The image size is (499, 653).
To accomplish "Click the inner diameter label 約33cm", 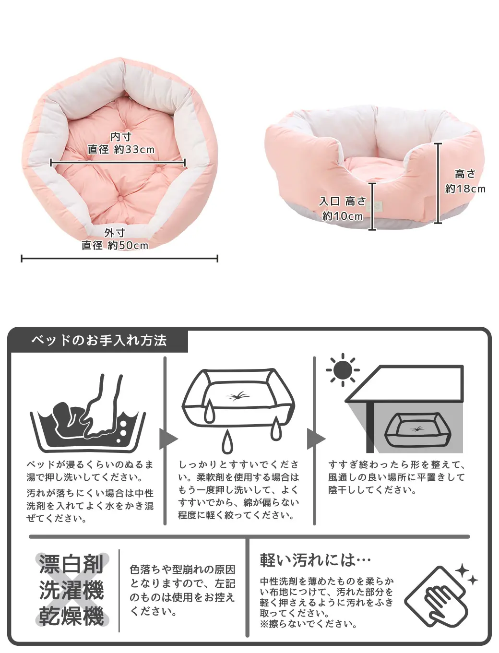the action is tap(134, 149).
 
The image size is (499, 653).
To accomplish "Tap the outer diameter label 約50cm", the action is tap(128, 246).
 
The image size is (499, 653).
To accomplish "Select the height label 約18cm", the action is tap(465, 189).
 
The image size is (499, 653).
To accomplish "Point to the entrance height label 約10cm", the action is tap(343, 216).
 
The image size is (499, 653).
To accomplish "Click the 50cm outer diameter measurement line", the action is tap(119, 258).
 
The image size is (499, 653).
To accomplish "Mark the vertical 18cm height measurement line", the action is tap(438, 183).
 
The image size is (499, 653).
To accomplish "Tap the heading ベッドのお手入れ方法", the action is tap(99, 340).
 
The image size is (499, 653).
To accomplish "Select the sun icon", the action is tap(343, 370).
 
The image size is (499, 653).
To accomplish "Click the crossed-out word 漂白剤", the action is tap(71, 564).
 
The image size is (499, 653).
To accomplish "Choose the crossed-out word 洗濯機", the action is tap(71, 590).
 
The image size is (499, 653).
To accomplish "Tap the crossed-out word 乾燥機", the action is tap(71, 616).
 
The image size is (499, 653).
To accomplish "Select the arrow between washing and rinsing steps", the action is tap(168, 439).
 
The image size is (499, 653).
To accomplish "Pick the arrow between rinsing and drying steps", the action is tap(316, 439).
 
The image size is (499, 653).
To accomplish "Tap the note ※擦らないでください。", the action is tap(309, 624).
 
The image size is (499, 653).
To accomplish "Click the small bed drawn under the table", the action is tap(418, 429).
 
